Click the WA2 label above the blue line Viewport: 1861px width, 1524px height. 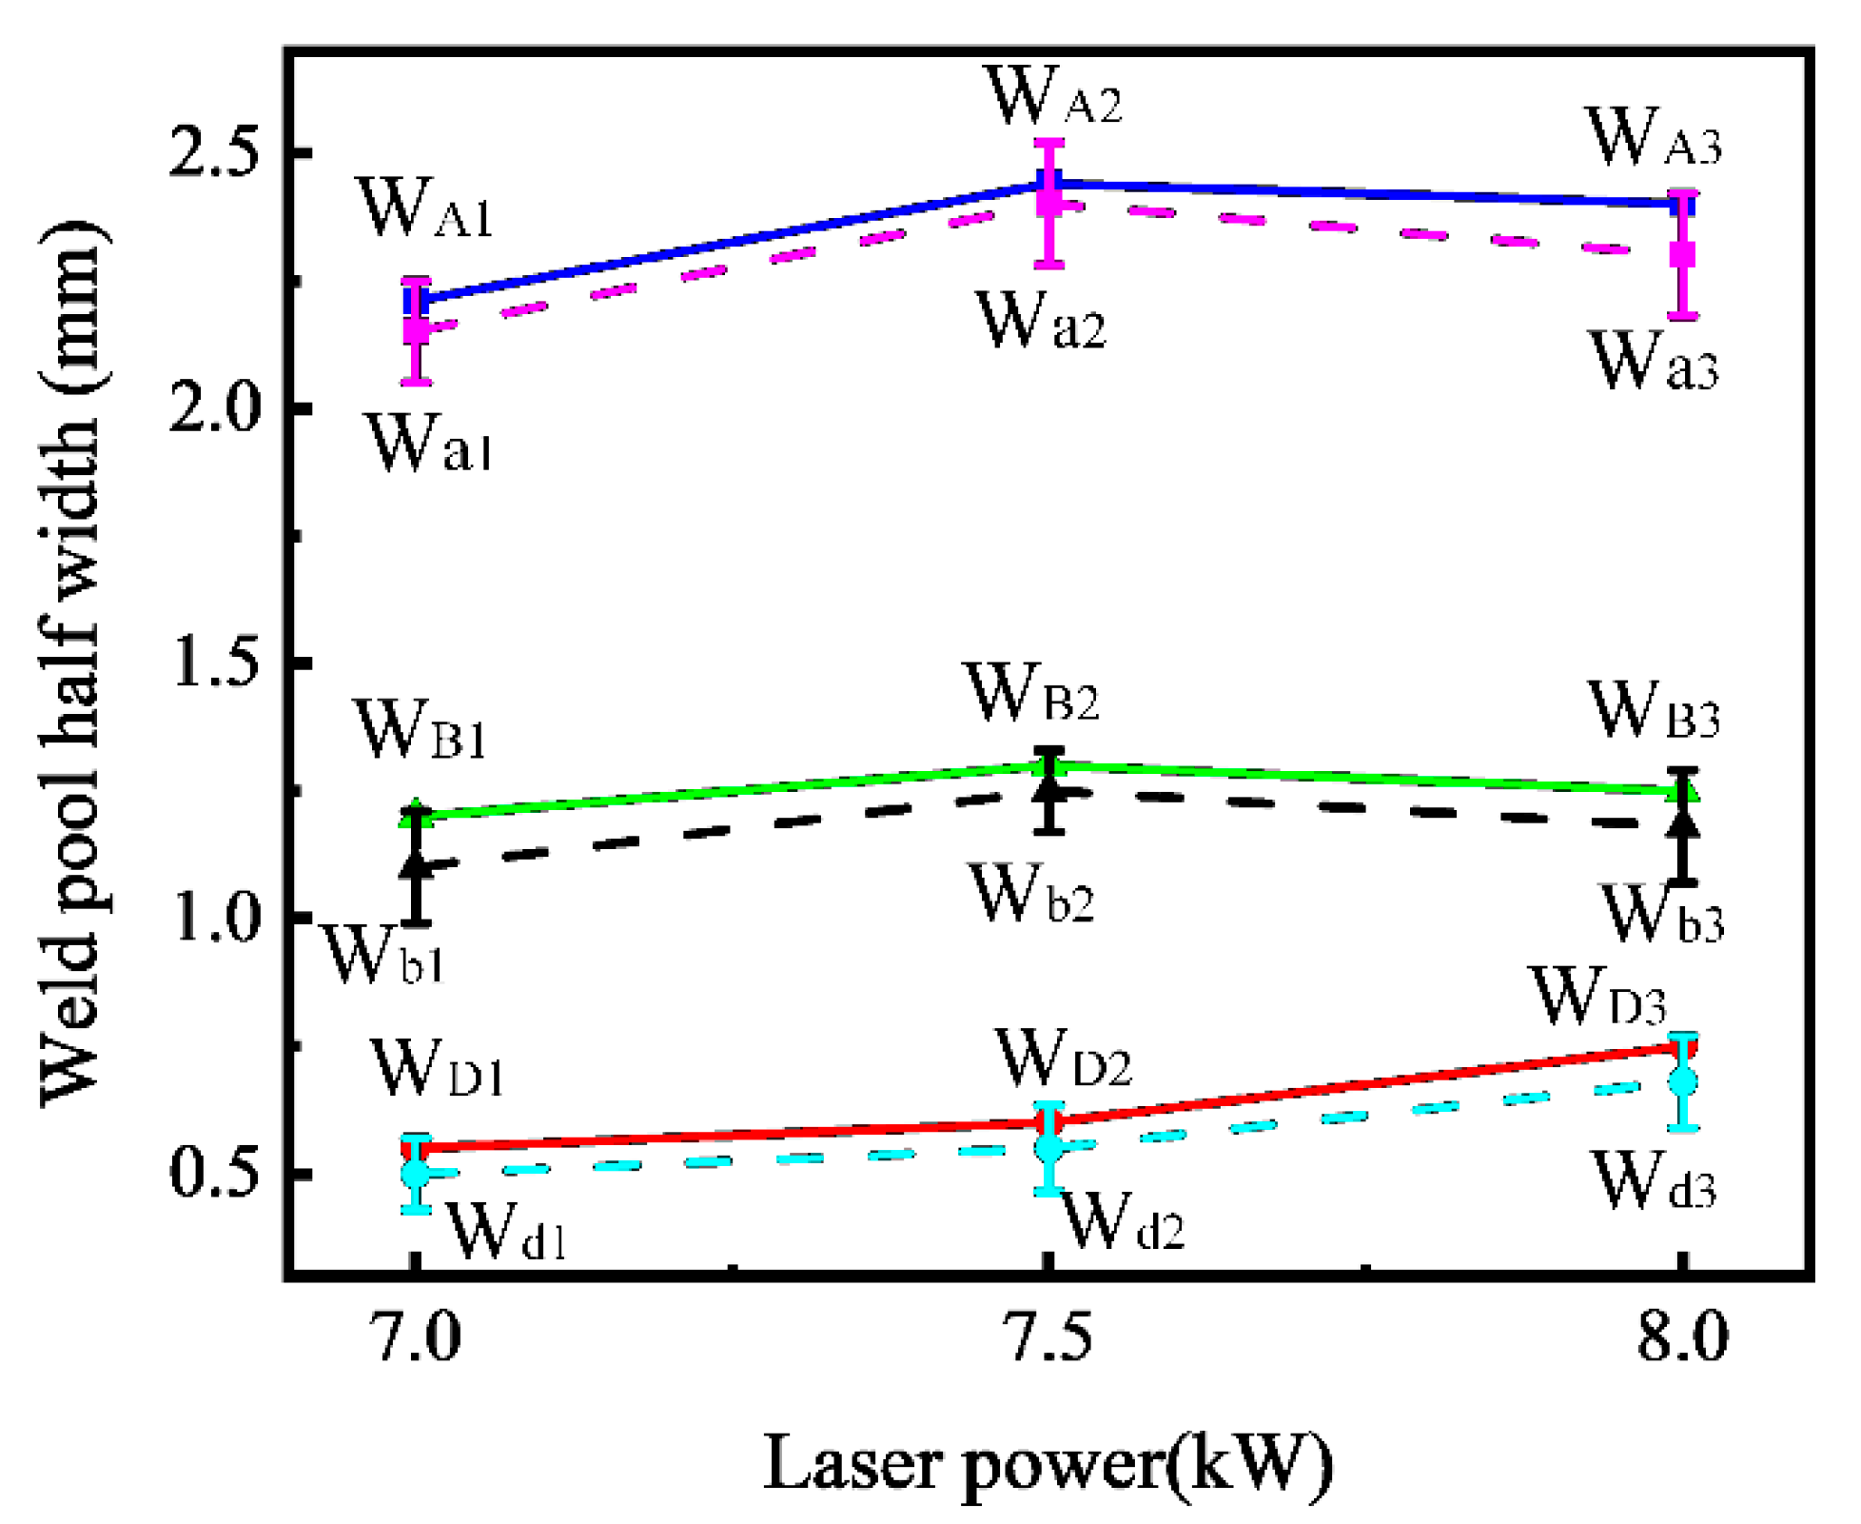click(1054, 96)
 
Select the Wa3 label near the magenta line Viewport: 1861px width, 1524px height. click(1655, 362)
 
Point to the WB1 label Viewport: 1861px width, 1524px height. click(421, 730)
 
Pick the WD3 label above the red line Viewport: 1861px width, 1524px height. click(1599, 997)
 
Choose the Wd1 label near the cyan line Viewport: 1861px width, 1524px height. click(506, 1231)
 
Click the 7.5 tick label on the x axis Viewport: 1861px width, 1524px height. click(1048, 1337)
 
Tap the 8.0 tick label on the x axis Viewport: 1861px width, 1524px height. click(1681, 1337)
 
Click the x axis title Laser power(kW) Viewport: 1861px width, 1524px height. click(1048, 1463)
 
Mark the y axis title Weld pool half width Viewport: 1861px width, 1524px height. click(71, 663)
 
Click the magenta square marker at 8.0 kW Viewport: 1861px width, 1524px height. click(1682, 255)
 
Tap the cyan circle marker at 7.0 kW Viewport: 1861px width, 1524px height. click(416, 1174)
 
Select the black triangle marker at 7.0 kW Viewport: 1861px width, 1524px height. click(416, 864)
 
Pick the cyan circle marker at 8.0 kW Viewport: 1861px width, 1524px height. click(1682, 1082)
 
